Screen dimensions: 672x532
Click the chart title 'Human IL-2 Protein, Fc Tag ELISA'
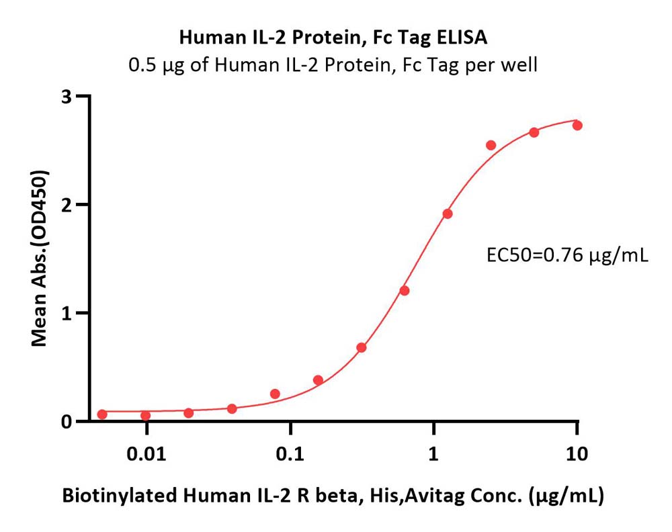(x=333, y=38)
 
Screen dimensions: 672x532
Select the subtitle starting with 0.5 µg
(x=333, y=65)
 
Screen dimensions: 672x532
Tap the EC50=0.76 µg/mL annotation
(x=567, y=256)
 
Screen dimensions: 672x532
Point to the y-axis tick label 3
(x=67, y=97)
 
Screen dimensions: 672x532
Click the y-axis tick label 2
(x=67, y=205)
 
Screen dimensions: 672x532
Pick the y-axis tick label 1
(x=67, y=314)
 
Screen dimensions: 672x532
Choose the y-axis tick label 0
(x=67, y=422)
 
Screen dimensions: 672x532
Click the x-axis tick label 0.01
(x=146, y=453)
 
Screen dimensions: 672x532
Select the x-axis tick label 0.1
(x=290, y=453)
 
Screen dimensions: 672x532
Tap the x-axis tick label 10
(x=577, y=453)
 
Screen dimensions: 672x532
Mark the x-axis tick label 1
(x=433, y=453)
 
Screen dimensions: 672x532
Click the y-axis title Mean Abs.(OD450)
(x=40, y=259)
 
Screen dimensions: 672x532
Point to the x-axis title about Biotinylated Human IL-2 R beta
(x=333, y=496)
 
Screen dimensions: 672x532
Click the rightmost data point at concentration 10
(x=577, y=126)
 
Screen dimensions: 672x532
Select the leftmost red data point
(x=102, y=414)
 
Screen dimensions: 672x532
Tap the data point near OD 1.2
(x=405, y=291)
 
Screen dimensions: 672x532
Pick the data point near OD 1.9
(x=448, y=214)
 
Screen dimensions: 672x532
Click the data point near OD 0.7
(x=362, y=347)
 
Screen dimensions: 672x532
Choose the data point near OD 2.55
(x=491, y=145)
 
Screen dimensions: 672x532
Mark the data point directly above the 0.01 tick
(x=145, y=416)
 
